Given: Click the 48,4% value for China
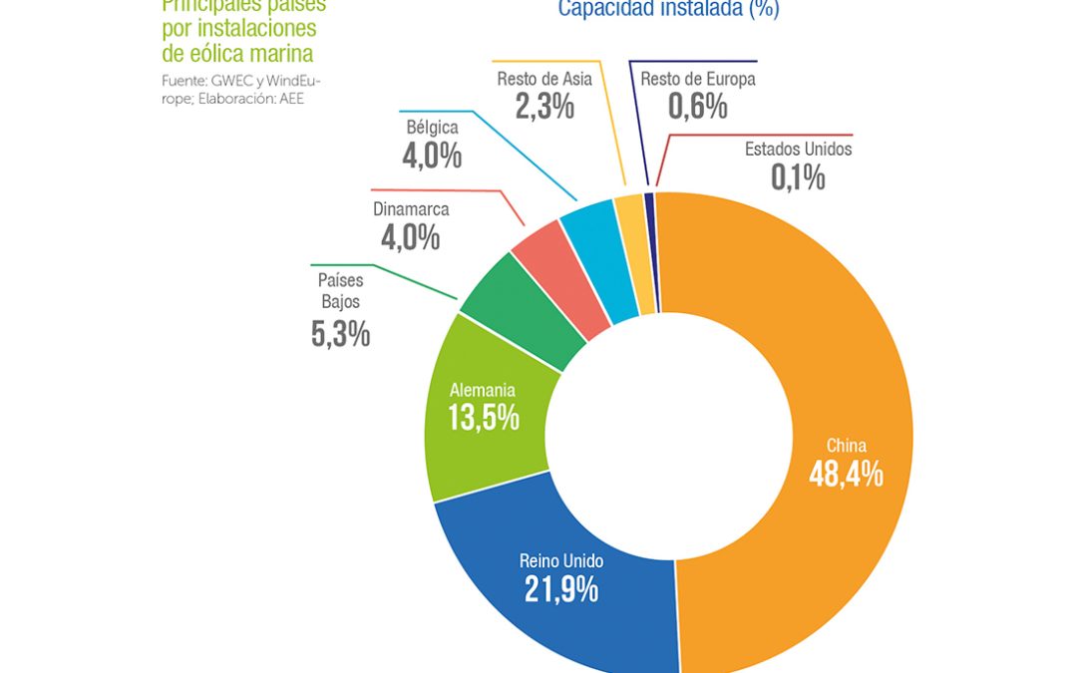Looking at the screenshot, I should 846,475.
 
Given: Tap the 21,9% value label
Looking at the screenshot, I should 561,589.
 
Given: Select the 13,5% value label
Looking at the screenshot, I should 483,417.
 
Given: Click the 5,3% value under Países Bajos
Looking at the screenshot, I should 340,335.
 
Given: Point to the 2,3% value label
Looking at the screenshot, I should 544,107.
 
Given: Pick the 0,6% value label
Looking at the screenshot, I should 697,107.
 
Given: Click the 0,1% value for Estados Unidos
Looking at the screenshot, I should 798,177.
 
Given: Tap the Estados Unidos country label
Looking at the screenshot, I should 798,150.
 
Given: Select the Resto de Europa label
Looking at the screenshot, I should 697,79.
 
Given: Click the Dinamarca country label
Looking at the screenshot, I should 411,209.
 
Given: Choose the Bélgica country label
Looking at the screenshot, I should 432,128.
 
